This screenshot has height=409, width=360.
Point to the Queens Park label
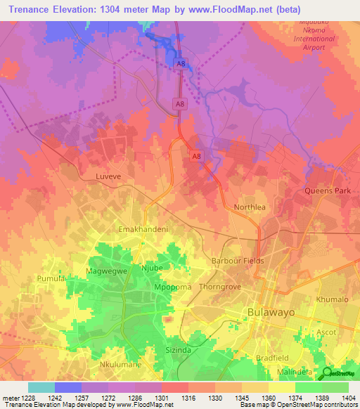coord(326,190)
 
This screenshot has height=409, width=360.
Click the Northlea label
coord(250,208)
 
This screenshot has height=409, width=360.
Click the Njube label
coord(151,267)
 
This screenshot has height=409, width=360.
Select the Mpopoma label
coord(169,288)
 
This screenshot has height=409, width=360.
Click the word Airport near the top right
coord(313,47)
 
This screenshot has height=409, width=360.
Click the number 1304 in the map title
coord(133,10)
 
